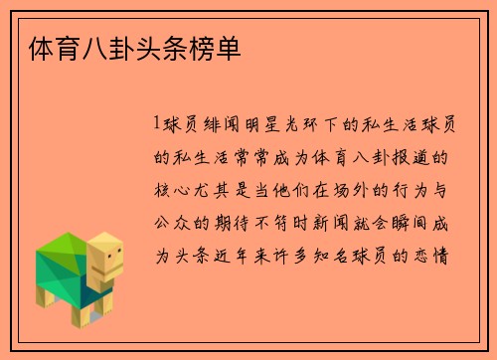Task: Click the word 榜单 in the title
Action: pos(216,47)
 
